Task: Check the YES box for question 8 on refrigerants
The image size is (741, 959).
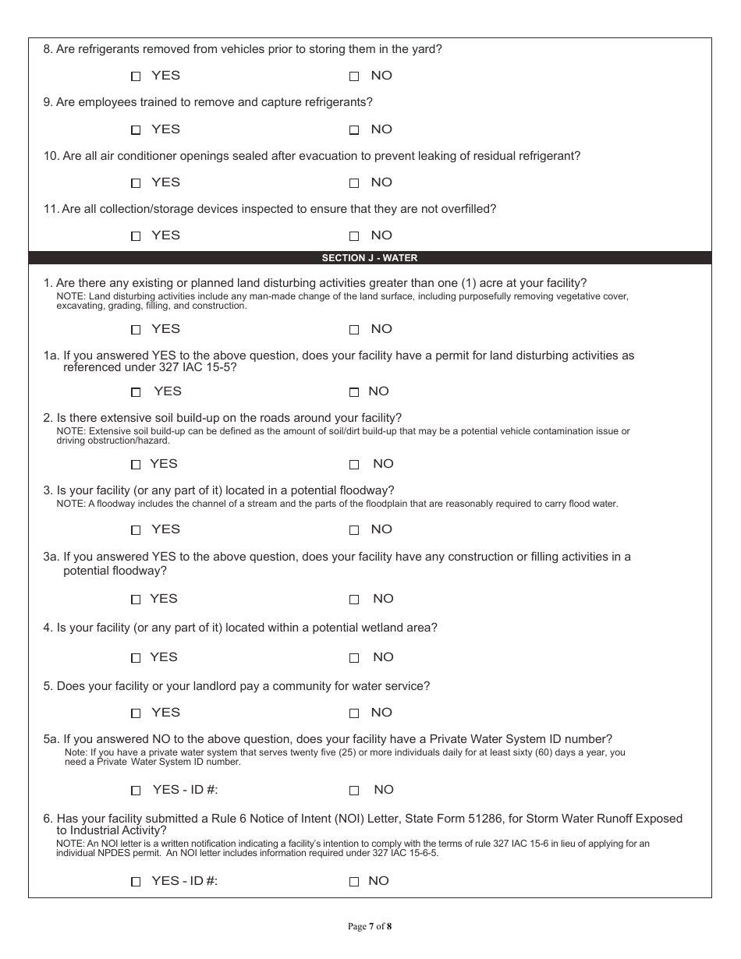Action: [x=136, y=76]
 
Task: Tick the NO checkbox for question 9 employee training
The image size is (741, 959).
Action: [x=354, y=130]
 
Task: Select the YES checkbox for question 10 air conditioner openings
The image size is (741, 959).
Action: [x=136, y=183]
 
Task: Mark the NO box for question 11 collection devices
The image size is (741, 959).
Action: [x=354, y=236]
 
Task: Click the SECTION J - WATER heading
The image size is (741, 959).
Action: [x=370, y=258]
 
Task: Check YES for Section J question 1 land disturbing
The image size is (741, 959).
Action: [x=136, y=330]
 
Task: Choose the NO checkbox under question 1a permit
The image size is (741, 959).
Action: [x=354, y=392]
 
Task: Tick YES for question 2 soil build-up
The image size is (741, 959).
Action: [x=136, y=465]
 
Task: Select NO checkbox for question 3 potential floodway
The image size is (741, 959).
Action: [x=354, y=530]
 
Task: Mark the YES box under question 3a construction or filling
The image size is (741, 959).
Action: [x=136, y=600]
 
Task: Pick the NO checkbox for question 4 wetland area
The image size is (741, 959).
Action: [x=354, y=658]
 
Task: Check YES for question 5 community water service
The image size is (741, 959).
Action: [x=136, y=713]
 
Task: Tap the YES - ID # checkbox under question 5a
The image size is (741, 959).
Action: [x=136, y=791]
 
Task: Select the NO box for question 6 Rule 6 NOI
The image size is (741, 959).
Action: [x=354, y=882]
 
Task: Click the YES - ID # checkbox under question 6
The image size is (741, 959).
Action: [x=136, y=882]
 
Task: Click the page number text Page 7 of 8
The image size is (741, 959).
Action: [x=370, y=927]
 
